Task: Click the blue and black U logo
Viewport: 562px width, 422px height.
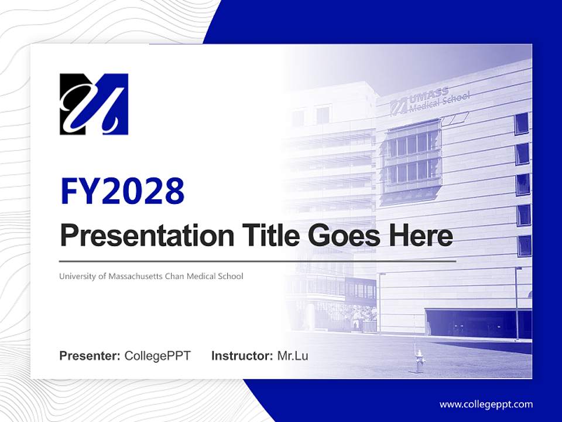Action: (94, 104)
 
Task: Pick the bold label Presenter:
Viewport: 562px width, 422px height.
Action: (90, 355)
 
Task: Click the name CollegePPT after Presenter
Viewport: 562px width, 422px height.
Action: (157, 355)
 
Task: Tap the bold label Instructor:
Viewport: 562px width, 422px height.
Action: (242, 355)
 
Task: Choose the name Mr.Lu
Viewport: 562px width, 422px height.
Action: (293, 355)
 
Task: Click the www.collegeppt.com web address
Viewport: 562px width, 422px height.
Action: (486, 404)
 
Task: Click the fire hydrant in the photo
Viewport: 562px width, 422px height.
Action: (419, 361)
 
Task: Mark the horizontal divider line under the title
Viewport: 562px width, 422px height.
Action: (258, 261)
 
